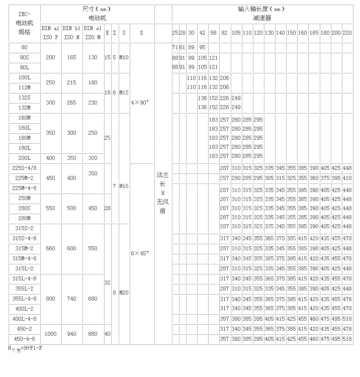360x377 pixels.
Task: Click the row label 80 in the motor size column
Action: tap(24, 48)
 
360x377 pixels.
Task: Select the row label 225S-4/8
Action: tap(24, 168)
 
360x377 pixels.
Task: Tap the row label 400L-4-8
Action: tap(24, 319)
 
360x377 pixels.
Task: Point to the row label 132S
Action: tap(24, 98)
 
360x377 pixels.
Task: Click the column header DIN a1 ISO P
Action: tap(50, 32)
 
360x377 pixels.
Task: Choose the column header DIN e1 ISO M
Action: tap(93, 32)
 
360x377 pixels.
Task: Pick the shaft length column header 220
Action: tap(347, 32)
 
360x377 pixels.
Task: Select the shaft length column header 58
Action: tap(213, 32)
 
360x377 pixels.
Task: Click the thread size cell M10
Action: tap(124, 58)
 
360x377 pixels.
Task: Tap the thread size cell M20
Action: tap(124, 293)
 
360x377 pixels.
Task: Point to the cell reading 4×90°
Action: tap(141, 103)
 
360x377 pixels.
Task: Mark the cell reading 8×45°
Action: tap(141, 253)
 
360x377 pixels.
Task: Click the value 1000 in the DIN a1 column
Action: tap(50, 334)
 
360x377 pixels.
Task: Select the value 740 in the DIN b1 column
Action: tap(71, 299)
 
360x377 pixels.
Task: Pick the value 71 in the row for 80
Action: tap(175, 47)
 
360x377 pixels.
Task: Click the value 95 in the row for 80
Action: tap(202, 47)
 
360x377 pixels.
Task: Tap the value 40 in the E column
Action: tap(107, 334)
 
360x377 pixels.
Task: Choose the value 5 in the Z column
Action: tap(114, 58)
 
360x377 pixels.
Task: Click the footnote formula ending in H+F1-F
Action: tap(24, 348)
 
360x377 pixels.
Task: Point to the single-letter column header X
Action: tap(141, 32)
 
